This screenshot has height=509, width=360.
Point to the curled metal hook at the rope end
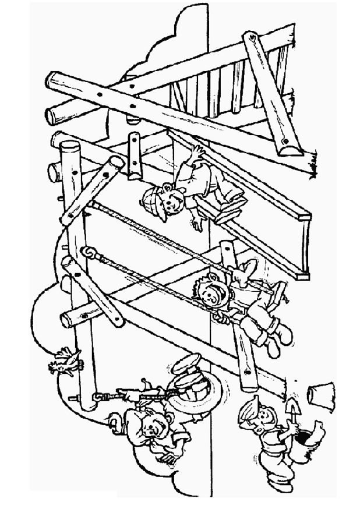pyautogui.click(x=89, y=253)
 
